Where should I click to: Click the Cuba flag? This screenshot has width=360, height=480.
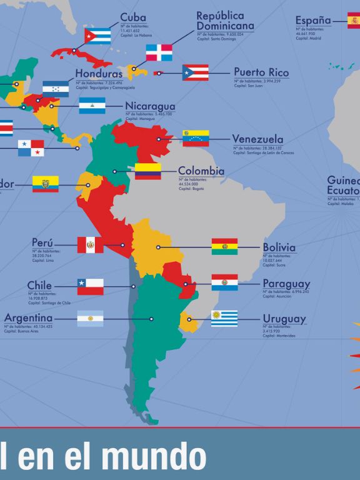(97, 36)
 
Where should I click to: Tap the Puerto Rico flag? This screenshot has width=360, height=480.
(195, 72)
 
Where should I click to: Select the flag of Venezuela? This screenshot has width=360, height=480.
(196, 137)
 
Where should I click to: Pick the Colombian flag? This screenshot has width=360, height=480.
(148, 171)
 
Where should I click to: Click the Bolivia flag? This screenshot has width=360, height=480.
(224, 246)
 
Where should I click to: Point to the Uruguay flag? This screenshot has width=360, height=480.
(224, 319)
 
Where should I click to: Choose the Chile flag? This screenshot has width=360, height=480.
(91, 286)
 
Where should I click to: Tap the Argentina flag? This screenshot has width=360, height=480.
(91, 319)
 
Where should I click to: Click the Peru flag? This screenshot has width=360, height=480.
(91, 244)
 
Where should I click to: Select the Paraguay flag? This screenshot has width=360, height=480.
(224, 282)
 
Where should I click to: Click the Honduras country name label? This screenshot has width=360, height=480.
(99, 74)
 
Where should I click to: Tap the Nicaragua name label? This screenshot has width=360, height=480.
(150, 106)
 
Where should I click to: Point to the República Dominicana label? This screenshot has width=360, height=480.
(225, 21)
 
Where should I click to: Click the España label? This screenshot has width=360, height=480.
(313, 21)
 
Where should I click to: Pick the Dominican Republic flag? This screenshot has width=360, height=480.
(159, 52)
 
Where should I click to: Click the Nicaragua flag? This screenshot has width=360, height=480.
(92, 106)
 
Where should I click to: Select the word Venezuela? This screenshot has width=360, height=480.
(257, 139)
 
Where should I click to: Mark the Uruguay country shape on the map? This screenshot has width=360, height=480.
(188, 322)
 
